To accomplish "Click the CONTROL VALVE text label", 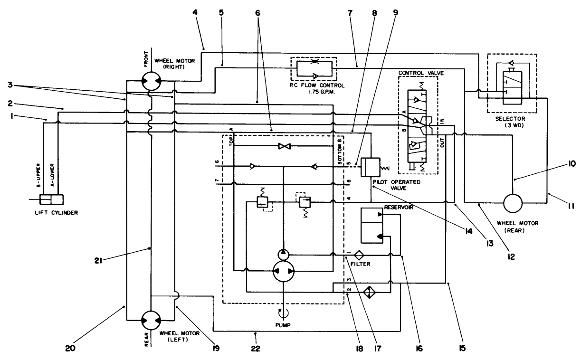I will [x=417, y=73].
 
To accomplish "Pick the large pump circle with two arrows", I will [x=283, y=272].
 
